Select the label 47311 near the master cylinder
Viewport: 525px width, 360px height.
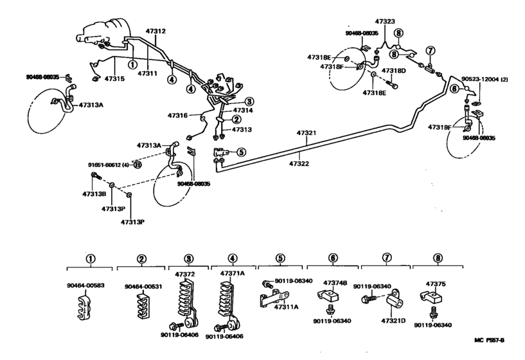pyautogui.click(x=148, y=73)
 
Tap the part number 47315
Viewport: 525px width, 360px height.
pyautogui.click(x=114, y=78)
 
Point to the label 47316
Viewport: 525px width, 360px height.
pyautogui.click(x=177, y=116)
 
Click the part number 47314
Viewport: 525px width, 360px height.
pyautogui.click(x=242, y=111)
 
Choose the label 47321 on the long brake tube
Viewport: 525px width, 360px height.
pyautogui.click(x=306, y=134)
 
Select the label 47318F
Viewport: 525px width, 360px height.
pyautogui.click(x=332, y=66)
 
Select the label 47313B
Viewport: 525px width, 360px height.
pyautogui.click(x=93, y=194)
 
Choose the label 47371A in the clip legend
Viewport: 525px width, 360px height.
pyautogui.click(x=233, y=273)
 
